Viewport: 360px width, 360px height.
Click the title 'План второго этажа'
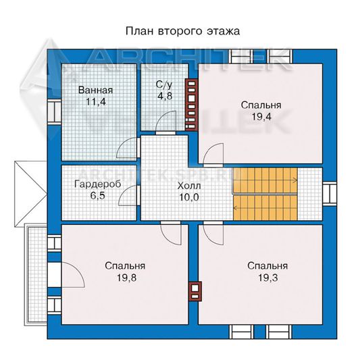pyautogui.click(x=182, y=31)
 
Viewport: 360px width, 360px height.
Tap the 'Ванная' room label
pyautogui.click(x=95, y=90)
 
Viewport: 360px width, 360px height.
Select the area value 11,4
pyautogui.click(x=96, y=101)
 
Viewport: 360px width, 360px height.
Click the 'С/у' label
pyautogui.click(x=164, y=84)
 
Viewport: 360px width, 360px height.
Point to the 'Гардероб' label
pyautogui.click(x=98, y=184)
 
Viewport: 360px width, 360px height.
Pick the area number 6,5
pyautogui.click(x=97, y=196)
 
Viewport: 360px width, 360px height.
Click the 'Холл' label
pyautogui.click(x=189, y=186)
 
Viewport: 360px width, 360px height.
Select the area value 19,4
pyautogui.click(x=261, y=116)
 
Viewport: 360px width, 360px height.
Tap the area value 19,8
pyautogui.click(x=127, y=278)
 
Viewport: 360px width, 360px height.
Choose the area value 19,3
pyautogui.click(x=268, y=278)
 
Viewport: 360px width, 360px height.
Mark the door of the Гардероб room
pyautogui.click(x=129, y=195)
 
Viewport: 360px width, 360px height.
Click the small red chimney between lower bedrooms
pyautogui.click(x=195, y=291)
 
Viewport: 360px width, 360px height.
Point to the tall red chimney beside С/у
pyautogui.click(x=191, y=105)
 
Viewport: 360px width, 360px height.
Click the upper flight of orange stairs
pyautogui.click(x=265, y=180)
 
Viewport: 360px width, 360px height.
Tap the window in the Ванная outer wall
pyautogui.click(x=55, y=113)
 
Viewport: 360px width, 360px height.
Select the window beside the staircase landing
pyautogui.click(x=330, y=193)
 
